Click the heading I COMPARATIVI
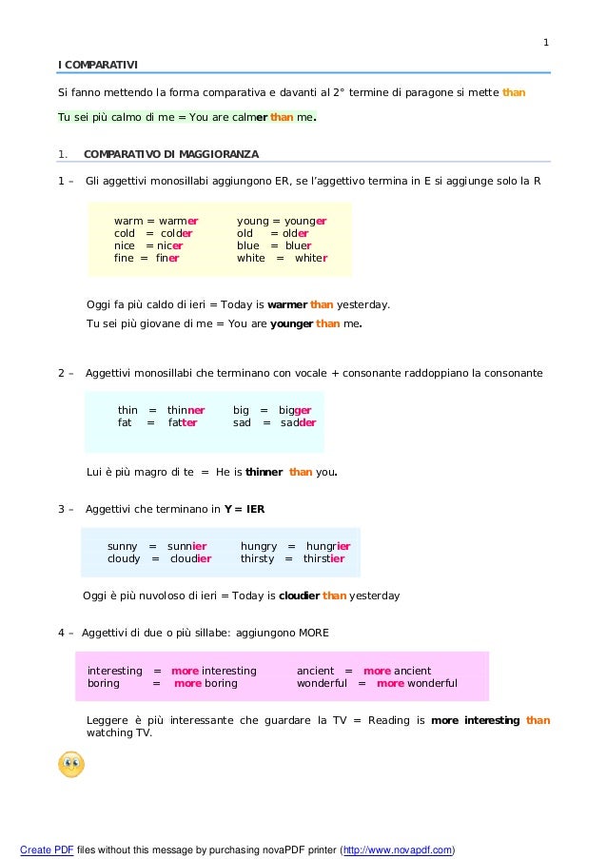[98, 64]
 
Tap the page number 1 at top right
[546, 42]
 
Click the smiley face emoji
[70, 764]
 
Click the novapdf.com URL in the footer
[397, 849]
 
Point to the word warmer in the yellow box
[177, 220]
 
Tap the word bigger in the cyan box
[295, 410]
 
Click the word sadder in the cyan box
[299, 422]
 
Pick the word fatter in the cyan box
[183, 422]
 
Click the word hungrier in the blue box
[328, 546]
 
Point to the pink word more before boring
[187, 683]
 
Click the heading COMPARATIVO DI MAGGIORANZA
[171, 153]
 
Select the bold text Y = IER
[245, 509]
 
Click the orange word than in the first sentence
[514, 92]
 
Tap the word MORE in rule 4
[314, 633]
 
